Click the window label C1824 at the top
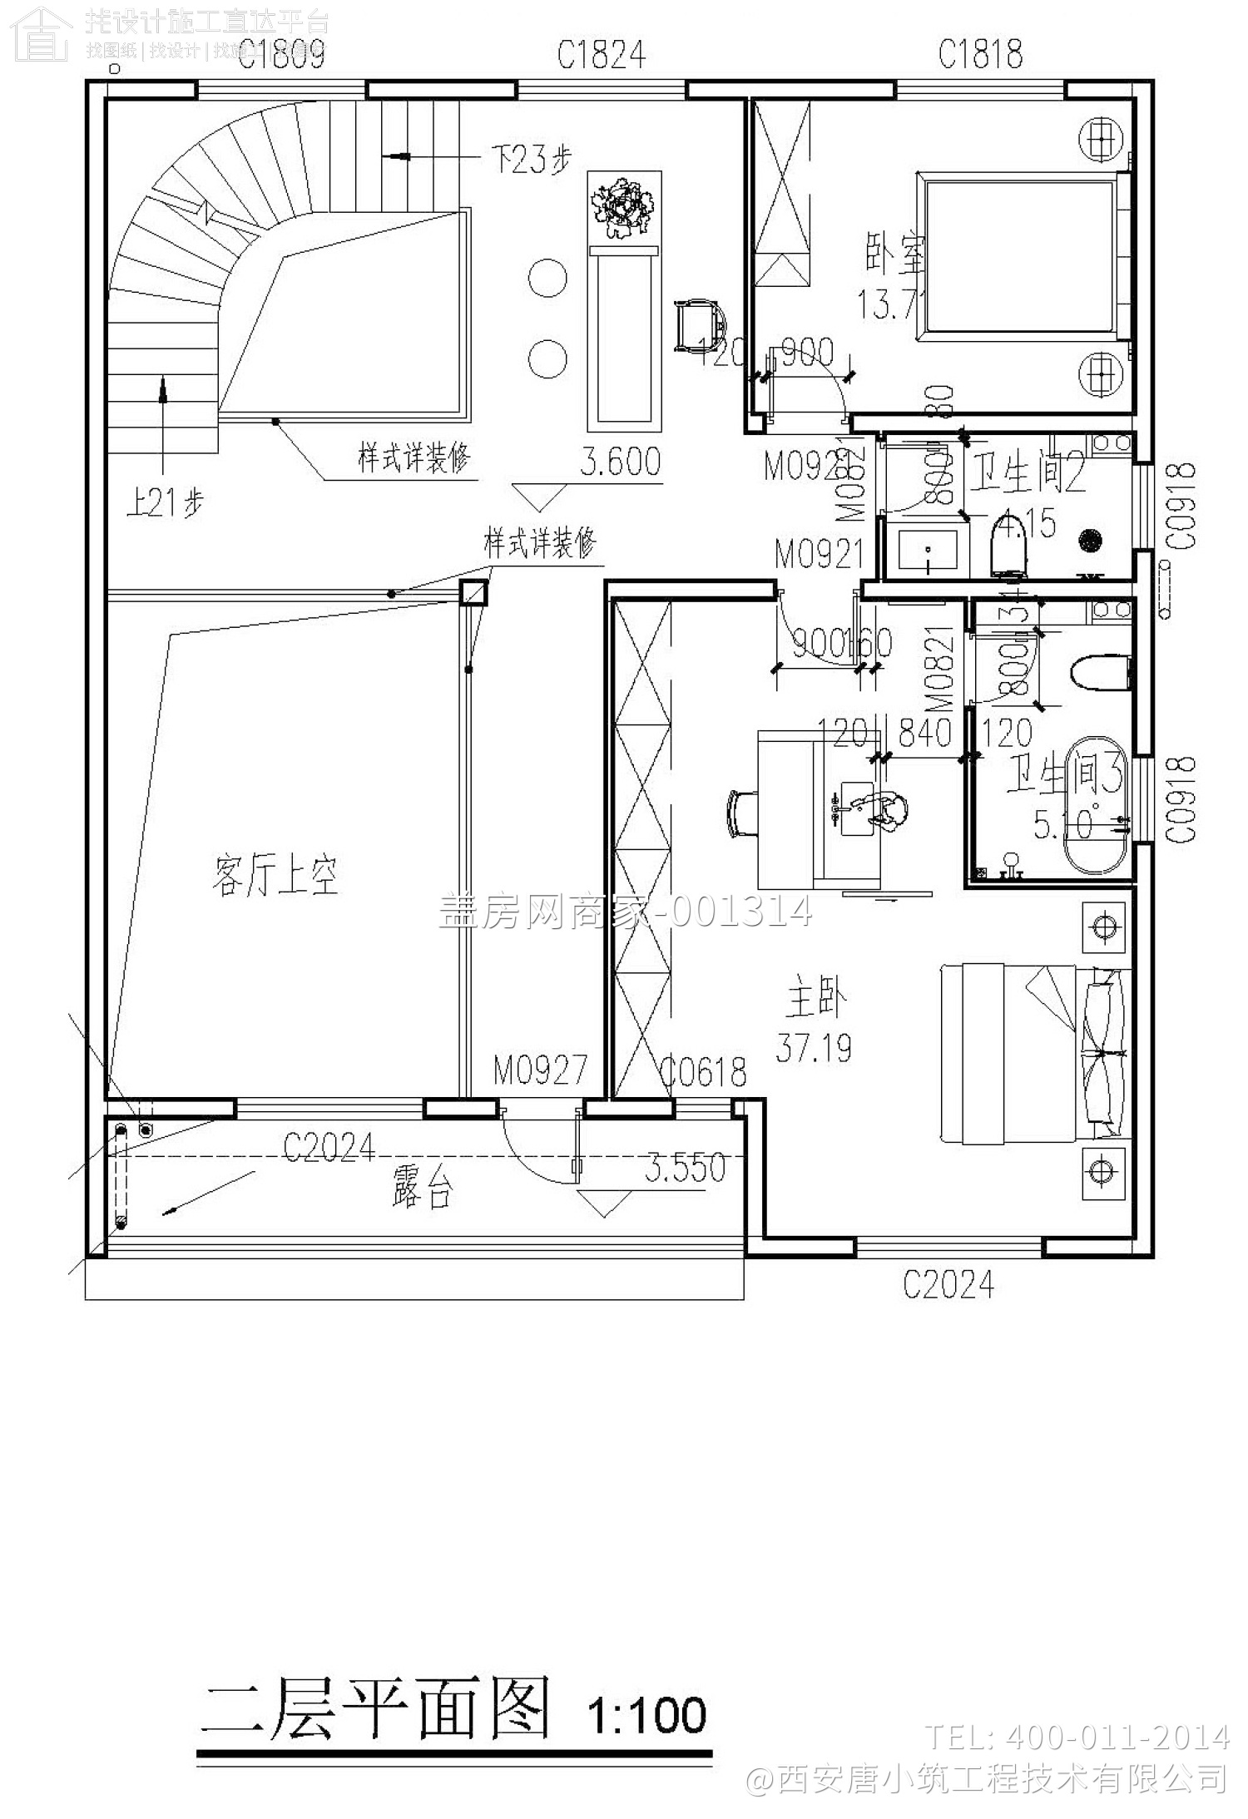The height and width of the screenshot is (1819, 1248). click(601, 56)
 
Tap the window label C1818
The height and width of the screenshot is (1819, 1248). click(980, 55)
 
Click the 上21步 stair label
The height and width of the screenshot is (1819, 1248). click(164, 502)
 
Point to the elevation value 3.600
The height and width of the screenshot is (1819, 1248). click(621, 462)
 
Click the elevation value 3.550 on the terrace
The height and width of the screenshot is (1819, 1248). click(685, 1168)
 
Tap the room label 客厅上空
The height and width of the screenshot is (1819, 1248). click(275, 877)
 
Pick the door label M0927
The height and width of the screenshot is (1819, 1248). click(540, 1070)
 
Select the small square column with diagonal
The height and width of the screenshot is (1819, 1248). click(473, 592)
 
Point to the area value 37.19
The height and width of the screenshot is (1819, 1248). click(813, 1048)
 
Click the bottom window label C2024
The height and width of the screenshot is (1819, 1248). click(948, 1284)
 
